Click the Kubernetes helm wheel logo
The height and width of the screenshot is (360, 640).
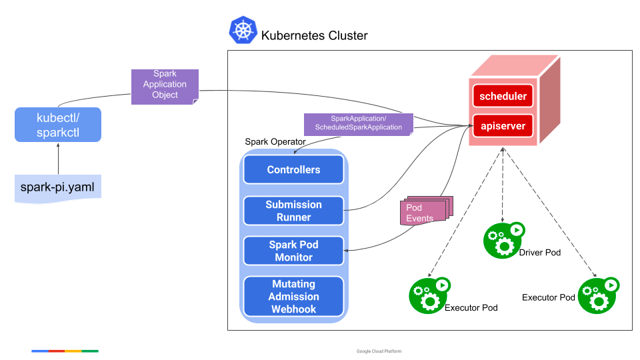coord(243,31)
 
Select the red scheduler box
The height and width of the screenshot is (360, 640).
coord(503,96)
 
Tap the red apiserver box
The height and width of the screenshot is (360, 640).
coord(503,125)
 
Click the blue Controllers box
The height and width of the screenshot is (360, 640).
coord(293,170)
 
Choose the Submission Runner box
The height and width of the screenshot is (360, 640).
coord(293,211)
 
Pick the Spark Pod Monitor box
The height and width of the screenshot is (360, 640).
coord(293,251)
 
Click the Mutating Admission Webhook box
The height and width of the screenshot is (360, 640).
coord(293,297)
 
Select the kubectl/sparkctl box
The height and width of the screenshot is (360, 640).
coord(58,125)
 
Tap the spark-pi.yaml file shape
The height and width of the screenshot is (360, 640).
coord(58,189)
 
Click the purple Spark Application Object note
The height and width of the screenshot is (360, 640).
coord(165,85)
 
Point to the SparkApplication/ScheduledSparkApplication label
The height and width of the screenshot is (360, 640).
coord(358,123)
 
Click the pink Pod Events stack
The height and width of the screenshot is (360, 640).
coord(425,211)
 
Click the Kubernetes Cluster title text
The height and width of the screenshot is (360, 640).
coord(314,35)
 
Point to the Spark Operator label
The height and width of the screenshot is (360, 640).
coord(275,141)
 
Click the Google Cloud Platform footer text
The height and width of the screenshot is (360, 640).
coord(379,351)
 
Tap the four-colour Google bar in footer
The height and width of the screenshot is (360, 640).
coord(65,351)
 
